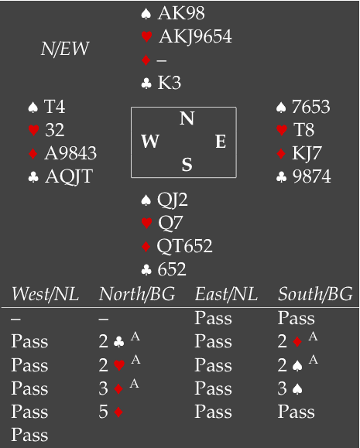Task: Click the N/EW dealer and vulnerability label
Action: point(65,49)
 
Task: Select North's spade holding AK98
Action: point(181,13)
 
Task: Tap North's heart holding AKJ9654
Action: point(195,36)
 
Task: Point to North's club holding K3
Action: point(170,83)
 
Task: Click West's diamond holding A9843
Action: point(70,153)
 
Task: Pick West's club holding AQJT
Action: point(69,176)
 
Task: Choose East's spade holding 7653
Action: point(310,107)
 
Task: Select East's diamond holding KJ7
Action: point(307,153)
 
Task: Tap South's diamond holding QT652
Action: point(185,246)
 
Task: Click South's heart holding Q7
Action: point(170,223)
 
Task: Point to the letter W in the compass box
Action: point(150,141)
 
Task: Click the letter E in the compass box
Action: point(221,142)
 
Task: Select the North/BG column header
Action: point(137,294)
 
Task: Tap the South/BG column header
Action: point(315,294)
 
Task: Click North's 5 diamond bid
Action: point(111,412)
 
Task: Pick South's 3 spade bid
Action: point(290,388)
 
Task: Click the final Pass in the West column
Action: point(29,435)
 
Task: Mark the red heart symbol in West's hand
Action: point(34,130)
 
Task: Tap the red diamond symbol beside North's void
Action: point(146,60)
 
